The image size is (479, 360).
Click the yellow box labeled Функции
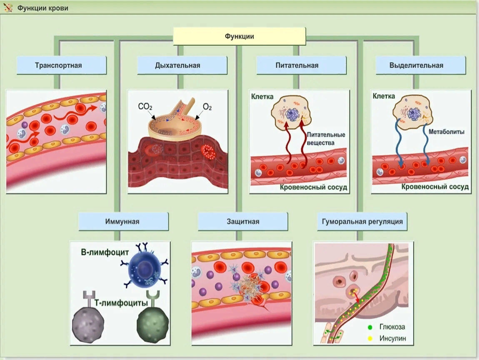(x=239, y=36)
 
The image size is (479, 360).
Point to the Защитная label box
(x=243, y=222)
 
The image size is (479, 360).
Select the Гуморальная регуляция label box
(x=362, y=222)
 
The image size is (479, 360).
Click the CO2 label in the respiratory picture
(x=145, y=107)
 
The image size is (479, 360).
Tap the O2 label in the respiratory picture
(x=207, y=107)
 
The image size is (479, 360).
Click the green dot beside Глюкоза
(x=370, y=327)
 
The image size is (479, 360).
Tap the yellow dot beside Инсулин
(x=370, y=338)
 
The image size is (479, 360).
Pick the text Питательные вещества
(x=326, y=139)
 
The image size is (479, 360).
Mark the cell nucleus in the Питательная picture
(x=291, y=113)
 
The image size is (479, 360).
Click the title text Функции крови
(x=42, y=8)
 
